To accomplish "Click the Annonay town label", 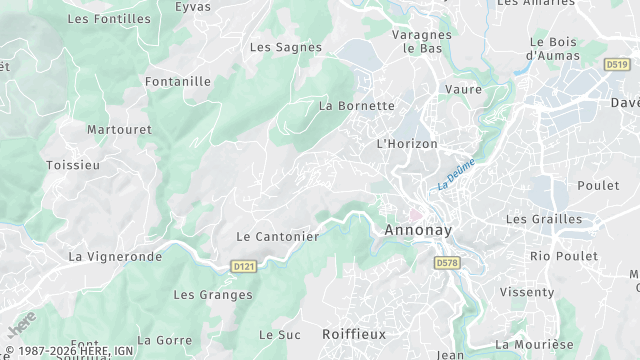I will [418, 230].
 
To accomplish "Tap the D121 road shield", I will [243, 267].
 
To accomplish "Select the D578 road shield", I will [446, 262].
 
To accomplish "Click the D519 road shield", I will [617, 65].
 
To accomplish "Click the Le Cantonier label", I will [277, 237].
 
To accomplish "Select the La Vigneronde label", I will [115, 257].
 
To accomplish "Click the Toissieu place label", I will [73, 165].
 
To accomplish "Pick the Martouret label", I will [119, 130].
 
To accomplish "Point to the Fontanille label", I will [177, 82].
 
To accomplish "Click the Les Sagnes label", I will [285, 47].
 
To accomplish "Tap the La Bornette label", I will [356, 105].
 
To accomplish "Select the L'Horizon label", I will [407, 144].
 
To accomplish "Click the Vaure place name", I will [463, 89].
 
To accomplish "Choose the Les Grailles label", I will [543, 219].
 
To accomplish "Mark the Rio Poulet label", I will [563, 256].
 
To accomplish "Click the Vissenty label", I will [526, 292].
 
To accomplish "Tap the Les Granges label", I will [213, 295].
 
